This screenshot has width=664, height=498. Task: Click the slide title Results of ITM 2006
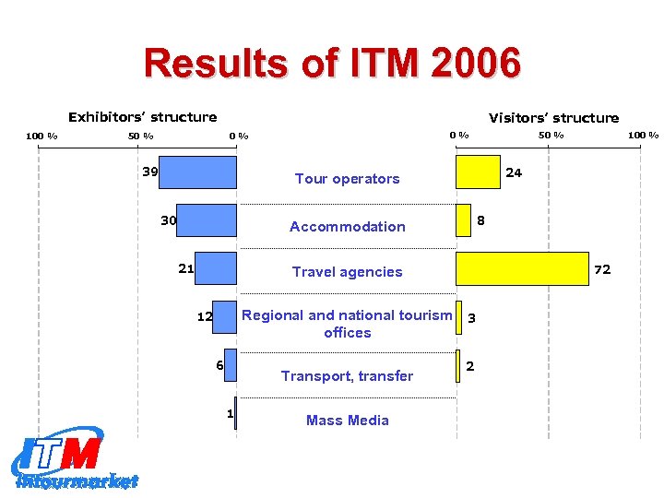[332, 64]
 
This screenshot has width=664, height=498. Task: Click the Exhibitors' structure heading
[143, 117]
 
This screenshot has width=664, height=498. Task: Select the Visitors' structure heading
[553, 118]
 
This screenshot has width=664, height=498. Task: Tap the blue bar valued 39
[198, 172]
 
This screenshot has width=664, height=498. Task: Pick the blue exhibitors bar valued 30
[207, 220]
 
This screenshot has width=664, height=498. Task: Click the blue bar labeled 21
[217, 268]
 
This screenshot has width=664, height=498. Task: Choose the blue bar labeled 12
[225, 316]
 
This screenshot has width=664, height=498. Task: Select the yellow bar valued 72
[522, 268]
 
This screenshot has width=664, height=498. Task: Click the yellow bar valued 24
[478, 172]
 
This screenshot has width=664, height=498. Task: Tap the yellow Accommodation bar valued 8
[464, 220]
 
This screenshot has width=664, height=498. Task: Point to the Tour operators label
[347, 179]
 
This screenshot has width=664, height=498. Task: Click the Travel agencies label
[347, 272]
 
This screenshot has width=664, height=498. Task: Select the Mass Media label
[347, 421]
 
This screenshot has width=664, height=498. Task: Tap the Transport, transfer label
[347, 376]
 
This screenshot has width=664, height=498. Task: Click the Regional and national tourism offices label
[347, 324]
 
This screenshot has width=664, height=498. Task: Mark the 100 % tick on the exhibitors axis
[41, 136]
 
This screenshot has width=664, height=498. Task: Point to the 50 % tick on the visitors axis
[551, 136]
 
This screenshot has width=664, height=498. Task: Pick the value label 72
[602, 269]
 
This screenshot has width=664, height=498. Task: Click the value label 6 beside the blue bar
[219, 364]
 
